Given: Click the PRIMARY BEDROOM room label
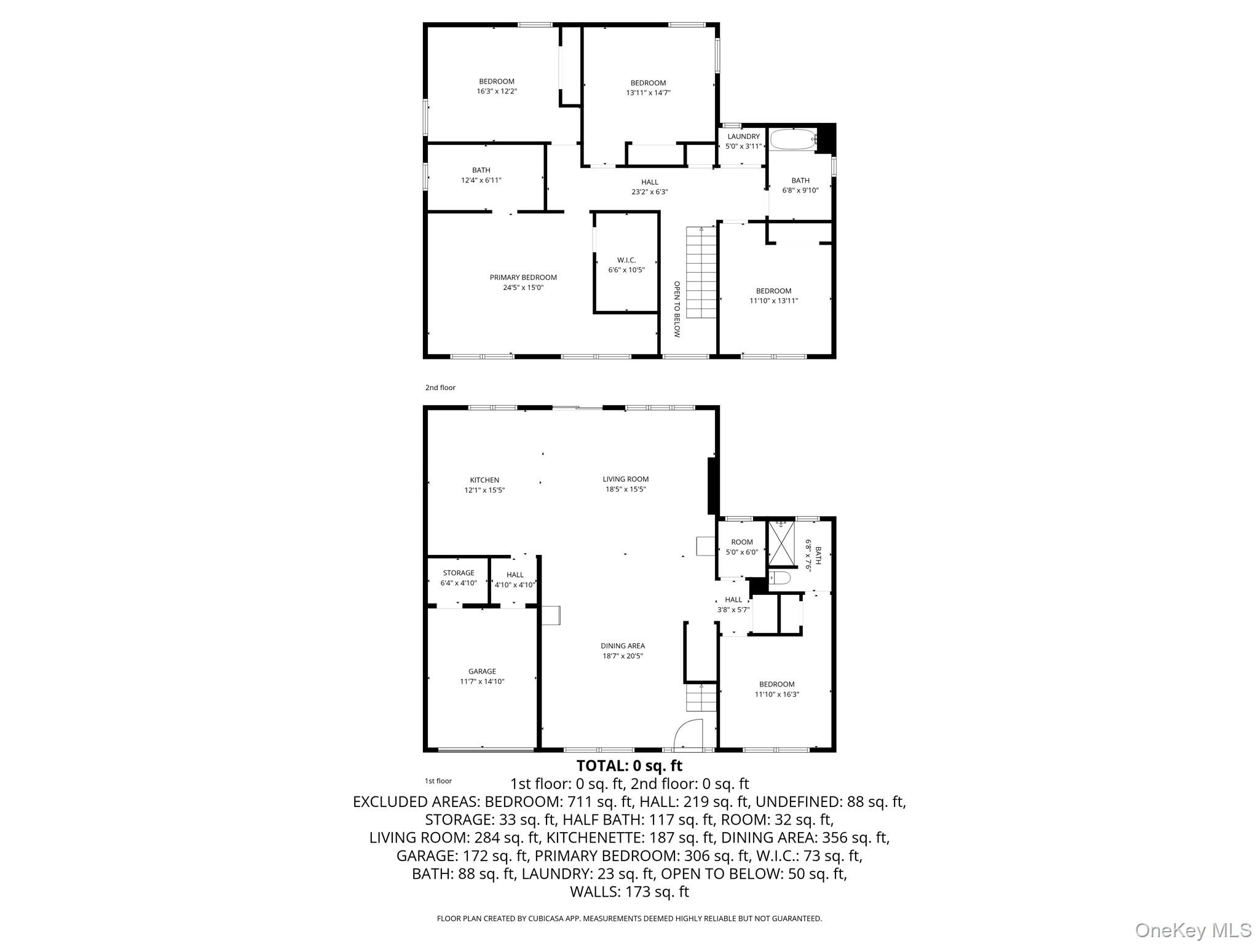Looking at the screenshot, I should (523, 277).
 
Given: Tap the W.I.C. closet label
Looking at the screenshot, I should (626, 260).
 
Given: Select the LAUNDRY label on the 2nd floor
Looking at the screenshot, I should (743, 136).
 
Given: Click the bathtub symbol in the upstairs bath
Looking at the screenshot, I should (792, 140).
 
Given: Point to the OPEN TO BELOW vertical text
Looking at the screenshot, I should (677, 309).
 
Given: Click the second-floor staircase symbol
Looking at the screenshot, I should (701, 272).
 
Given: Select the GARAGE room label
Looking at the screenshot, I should (482, 671).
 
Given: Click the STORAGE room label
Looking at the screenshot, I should (459, 573).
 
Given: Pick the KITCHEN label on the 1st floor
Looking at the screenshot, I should (484, 480).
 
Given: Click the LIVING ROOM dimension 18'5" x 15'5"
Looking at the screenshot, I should (625, 489).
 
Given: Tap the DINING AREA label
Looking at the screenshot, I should (623, 645).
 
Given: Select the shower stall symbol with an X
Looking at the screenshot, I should (781, 543).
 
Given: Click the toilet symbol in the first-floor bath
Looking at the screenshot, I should (779, 578).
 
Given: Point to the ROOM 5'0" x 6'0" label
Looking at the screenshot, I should (742, 547).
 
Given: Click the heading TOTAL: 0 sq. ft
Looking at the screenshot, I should (629, 766).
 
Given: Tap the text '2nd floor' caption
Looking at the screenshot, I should (440, 388).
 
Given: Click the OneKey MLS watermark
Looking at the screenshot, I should (1193, 930).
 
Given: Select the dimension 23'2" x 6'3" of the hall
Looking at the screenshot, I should (650, 192).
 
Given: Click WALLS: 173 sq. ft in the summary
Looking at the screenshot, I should (629, 892).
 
